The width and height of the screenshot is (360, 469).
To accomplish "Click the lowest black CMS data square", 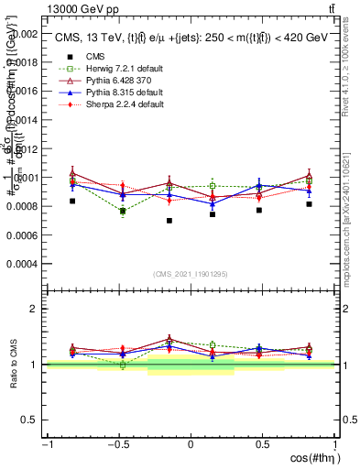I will click(x=169, y=221).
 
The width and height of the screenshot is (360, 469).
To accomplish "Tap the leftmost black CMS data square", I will click(x=72, y=201).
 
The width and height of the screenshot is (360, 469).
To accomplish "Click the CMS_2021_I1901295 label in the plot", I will click(x=191, y=274).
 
